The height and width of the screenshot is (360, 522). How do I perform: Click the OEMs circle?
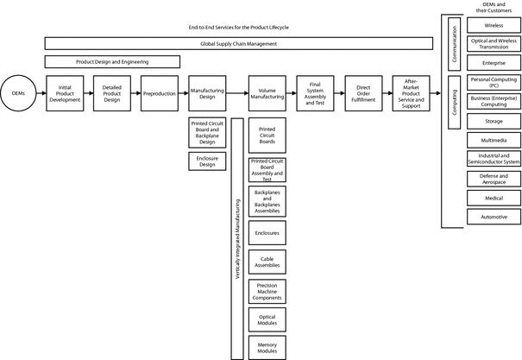18,93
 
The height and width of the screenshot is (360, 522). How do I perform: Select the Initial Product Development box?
65,93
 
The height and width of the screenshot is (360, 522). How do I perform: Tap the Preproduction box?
160,93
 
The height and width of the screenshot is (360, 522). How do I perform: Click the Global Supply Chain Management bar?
239,44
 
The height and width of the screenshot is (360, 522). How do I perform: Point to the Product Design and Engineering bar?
112,61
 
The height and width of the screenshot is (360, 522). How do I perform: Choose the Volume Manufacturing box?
267,93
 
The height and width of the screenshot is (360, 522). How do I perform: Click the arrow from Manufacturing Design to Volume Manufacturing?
237,93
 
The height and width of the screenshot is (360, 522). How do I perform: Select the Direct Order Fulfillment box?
363,93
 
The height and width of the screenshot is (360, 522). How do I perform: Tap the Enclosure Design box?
207,161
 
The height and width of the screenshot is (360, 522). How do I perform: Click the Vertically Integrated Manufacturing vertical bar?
237,239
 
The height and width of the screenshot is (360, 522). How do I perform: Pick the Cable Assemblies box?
267,262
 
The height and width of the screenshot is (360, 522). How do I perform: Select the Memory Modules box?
267,348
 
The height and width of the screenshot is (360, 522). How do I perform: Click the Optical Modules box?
267,319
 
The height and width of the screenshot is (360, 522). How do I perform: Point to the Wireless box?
494,25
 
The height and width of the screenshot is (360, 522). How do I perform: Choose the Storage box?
494,121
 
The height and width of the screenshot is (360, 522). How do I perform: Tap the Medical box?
494,198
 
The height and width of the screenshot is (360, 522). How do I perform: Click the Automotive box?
494,217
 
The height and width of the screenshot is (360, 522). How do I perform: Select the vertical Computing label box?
455,102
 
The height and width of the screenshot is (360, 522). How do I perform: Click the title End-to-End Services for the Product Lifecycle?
239,28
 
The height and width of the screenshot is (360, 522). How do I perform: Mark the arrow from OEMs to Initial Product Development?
41,93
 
